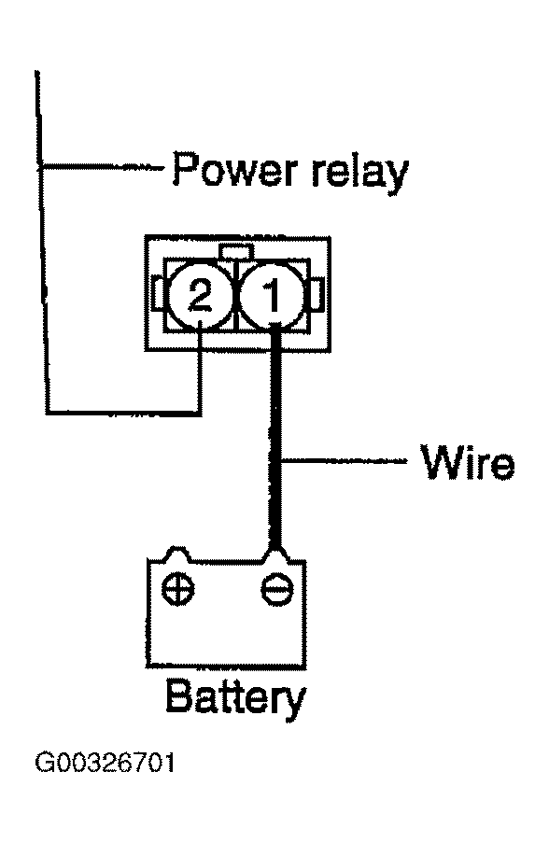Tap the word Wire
click(x=468, y=461)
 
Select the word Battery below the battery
click(x=236, y=698)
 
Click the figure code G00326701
click(x=106, y=763)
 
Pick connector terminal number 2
click(x=200, y=296)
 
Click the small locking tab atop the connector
click(x=236, y=251)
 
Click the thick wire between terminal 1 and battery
click(x=275, y=438)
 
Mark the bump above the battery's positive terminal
click(x=177, y=554)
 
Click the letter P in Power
click(x=184, y=169)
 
